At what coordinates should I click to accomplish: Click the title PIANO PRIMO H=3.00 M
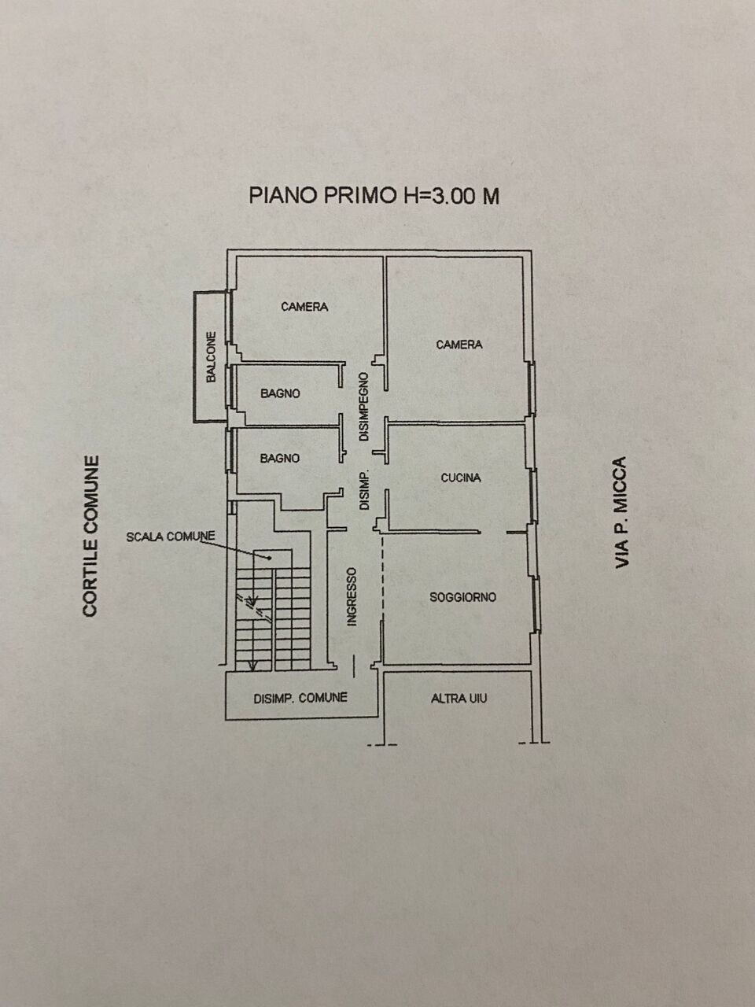point(374,195)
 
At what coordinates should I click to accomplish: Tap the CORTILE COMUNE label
point(91,536)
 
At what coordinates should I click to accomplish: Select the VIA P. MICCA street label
point(622,512)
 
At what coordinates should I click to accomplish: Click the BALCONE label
point(211,358)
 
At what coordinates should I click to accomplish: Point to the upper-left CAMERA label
point(304,307)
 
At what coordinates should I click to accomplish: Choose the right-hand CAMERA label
point(459,345)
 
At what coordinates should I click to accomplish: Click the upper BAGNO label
point(280,393)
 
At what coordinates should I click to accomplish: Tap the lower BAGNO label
point(280,458)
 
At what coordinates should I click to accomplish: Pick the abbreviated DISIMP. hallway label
point(364,491)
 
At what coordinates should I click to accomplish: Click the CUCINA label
point(461,478)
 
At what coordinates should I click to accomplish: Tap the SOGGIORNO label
point(462,597)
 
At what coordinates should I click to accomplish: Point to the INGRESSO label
point(352,597)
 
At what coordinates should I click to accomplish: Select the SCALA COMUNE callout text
point(171,537)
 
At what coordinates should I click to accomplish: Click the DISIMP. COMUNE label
point(300,698)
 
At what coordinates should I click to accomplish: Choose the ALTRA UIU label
point(459,698)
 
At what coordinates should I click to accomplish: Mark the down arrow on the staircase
point(252,663)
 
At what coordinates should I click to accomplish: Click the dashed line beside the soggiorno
point(383,582)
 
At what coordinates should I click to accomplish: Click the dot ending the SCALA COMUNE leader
point(270,558)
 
